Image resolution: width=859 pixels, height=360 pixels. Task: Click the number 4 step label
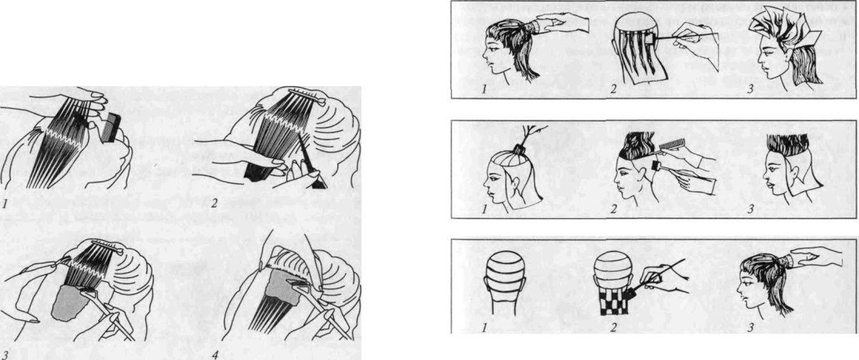click(x=215, y=356)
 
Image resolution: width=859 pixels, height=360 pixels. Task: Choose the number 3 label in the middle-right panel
click(x=751, y=209)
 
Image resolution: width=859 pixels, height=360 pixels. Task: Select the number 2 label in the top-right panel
click(x=613, y=89)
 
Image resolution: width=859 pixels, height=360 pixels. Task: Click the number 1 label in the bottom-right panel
click(x=485, y=328)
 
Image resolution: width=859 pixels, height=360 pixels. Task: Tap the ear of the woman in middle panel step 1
click(x=515, y=183)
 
